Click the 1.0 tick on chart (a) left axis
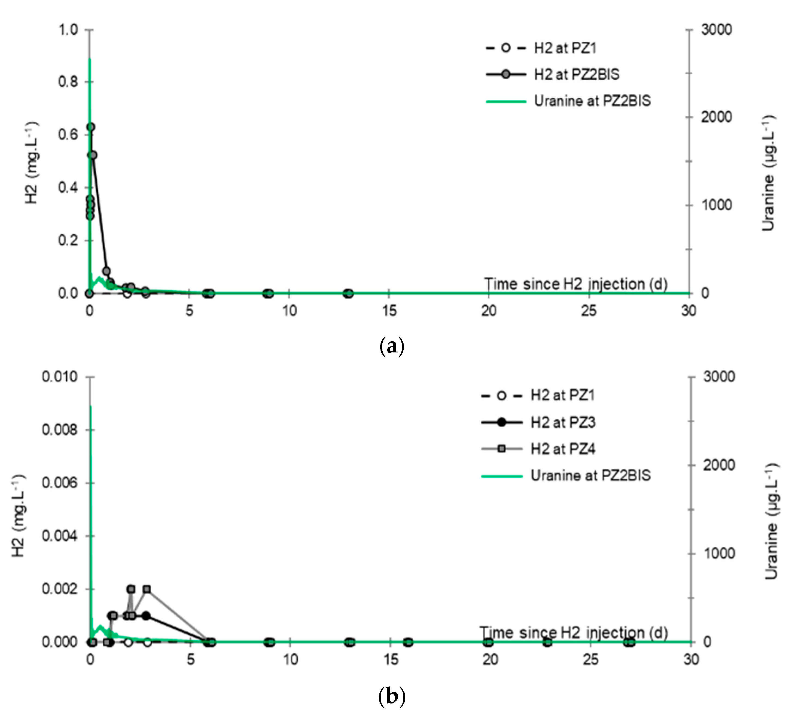68,30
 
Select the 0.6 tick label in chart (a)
68,135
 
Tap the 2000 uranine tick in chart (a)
716,117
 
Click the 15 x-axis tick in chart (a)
389,311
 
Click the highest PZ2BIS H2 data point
90,127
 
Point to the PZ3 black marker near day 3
146,616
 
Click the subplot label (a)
391,346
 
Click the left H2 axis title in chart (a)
32,162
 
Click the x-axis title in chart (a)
576,284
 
